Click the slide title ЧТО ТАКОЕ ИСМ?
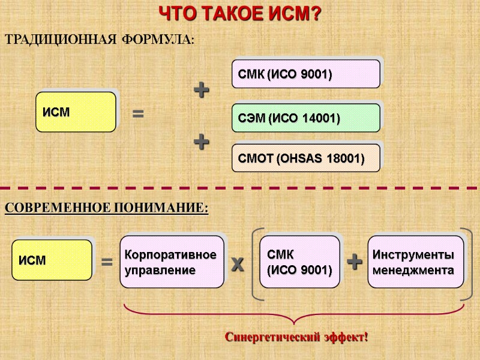[x=239, y=13]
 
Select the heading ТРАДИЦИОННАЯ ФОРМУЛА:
[x=100, y=40]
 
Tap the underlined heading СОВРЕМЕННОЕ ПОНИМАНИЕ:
[x=106, y=208]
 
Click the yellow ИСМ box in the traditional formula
[x=76, y=112]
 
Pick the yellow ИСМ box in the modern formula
[x=52, y=260]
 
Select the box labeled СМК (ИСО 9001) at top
[x=305, y=74]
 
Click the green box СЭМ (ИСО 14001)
[x=305, y=118]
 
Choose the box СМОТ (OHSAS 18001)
[x=305, y=158]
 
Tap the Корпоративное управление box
[x=172, y=262]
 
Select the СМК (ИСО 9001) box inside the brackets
[x=299, y=262]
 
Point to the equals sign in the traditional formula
[x=138, y=113]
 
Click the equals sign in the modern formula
[x=107, y=262]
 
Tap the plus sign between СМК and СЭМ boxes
[x=202, y=91]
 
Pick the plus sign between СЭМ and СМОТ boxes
[x=202, y=142]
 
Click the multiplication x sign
[x=238, y=263]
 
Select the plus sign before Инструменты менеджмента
[x=355, y=262]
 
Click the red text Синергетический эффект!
[x=296, y=337]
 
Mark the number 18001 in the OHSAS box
[x=346, y=159]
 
